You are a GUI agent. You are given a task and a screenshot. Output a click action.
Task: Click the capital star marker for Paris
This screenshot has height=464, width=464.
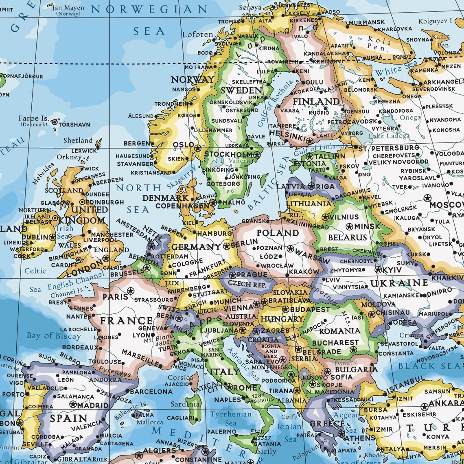coord(130,291)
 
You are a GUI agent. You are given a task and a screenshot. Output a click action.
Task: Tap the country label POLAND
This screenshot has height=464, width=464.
coord(277,233)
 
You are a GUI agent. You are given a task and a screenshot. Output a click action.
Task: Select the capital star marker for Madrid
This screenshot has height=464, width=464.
coord(73,404)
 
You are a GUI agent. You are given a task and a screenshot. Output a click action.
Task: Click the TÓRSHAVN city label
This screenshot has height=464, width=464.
coord(74,125)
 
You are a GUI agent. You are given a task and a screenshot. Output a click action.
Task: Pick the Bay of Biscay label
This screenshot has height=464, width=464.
coord(54,336)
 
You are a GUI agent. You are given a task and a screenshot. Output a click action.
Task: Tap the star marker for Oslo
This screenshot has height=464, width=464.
coord(198,148)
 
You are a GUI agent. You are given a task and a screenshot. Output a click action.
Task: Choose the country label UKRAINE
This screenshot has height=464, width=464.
coord(399,283)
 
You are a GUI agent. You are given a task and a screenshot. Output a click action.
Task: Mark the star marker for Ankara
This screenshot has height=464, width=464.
coord(425,407)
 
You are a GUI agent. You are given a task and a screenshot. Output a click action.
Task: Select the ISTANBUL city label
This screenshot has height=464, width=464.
coord(405,384)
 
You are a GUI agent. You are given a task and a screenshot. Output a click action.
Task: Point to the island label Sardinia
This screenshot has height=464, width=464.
coord(185,404)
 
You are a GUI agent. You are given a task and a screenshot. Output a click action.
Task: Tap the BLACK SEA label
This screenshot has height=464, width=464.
coord(429,366)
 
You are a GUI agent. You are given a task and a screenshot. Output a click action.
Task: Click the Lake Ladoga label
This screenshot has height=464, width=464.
coord(389,136)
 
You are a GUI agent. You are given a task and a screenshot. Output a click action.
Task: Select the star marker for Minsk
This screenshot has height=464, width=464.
coord(349,226)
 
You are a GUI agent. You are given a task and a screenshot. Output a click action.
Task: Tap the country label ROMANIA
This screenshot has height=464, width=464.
coord(339,331)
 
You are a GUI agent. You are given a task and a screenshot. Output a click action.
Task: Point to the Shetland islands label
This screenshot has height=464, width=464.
coord(78,140)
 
